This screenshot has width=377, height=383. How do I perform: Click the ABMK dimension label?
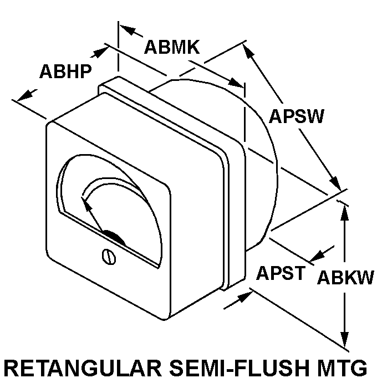tap(172, 47)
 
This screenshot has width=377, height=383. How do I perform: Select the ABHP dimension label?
tap(65, 71)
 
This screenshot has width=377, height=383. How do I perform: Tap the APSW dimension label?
tap(297, 116)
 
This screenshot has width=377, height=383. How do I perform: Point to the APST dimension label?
tap(281, 273)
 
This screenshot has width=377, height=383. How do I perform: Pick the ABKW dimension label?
tap(345, 277)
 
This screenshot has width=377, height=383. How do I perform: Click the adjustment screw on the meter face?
tap(109, 257)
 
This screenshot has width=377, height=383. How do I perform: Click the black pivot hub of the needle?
tap(114, 237)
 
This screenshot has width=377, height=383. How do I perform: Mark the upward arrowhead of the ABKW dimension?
tap(344, 212)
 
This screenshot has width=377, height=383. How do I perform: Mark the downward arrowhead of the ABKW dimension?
tap(344, 340)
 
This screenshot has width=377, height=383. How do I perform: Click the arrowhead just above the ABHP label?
tap(101, 52)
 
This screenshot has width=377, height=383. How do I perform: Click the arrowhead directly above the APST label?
tap(318, 256)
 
